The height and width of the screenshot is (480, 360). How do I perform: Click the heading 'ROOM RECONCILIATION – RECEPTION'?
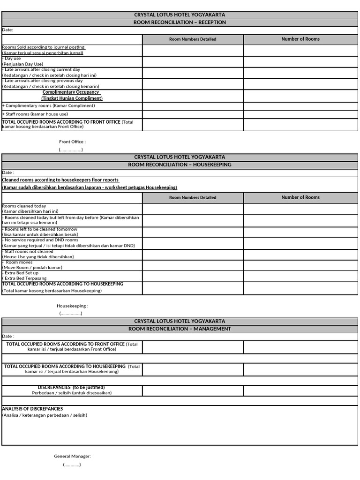(180, 22)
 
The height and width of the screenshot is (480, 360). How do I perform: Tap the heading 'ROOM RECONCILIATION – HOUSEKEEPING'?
(180, 165)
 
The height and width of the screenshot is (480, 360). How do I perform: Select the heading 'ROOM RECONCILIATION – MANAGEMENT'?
(180, 329)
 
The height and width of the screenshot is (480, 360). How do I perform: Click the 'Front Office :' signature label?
(72, 142)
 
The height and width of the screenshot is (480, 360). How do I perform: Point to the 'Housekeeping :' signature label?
(72, 306)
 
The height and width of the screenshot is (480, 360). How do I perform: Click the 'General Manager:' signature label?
(72, 456)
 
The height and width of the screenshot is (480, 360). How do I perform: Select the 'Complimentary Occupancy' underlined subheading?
(72, 92)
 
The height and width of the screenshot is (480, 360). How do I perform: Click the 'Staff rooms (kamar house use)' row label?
(35, 114)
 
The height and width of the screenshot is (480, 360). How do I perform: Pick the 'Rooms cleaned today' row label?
(24, 206)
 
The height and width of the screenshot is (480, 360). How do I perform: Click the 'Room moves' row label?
(19, 262)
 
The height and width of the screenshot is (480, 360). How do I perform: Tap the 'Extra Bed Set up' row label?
(22, 273)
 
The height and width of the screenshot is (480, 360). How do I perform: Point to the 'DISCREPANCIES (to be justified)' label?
(71, 387)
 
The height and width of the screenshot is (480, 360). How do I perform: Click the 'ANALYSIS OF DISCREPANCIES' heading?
(32, 409)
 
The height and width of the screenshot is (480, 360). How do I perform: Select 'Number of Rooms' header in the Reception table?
(300, 39)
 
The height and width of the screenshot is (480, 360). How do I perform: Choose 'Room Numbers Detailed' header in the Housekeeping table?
(193, 197)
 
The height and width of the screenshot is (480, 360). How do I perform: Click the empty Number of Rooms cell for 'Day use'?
(300, 61)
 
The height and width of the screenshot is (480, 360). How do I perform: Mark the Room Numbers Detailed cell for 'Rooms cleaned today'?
(193, 209)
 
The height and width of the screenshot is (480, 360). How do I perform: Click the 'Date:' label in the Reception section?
(8, 30)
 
